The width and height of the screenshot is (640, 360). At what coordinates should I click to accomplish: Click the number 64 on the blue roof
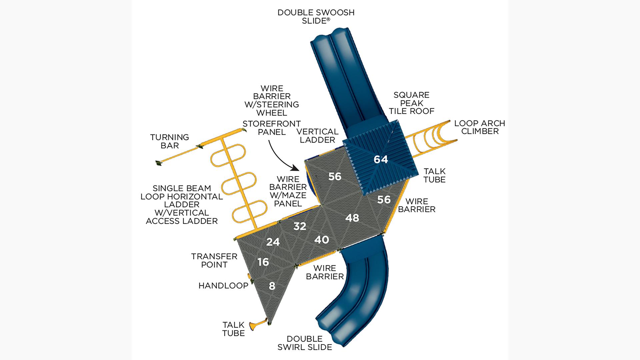pos(381,160)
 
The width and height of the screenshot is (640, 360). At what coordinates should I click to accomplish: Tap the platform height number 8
pos(272,286)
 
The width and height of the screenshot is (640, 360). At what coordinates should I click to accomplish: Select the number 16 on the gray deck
pos(263,262)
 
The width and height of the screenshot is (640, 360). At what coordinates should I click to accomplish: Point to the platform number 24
pos(273,242)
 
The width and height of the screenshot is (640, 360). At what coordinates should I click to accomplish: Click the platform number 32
pos(300,226)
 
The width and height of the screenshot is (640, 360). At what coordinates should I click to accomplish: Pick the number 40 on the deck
pos(322,240)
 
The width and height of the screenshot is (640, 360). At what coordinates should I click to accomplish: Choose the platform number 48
pos(352,218)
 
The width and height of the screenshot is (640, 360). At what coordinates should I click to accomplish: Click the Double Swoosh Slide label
pos(316,17)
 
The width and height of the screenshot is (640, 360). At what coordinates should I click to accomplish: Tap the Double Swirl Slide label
pos(305,343)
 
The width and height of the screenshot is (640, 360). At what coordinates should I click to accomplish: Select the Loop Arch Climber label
pos(480,127)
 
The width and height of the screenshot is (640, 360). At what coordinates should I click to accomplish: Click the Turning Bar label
pos(169,141)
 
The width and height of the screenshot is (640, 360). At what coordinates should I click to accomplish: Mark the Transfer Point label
pos(214,261)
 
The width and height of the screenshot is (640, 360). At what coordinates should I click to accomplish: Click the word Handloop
pos(223,286)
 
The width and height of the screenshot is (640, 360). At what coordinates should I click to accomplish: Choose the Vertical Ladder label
pos(317,136)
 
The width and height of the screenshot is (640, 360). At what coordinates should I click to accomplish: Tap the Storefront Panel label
pos(271,128)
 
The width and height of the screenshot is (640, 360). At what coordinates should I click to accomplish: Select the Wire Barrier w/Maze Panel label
pos(288,191)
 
